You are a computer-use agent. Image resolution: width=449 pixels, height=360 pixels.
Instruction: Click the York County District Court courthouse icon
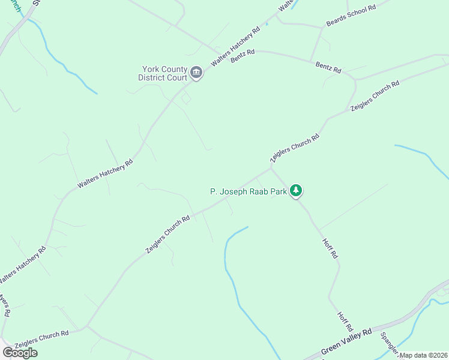click(196, 74)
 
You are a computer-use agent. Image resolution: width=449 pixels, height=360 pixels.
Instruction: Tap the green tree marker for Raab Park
click(295, 191)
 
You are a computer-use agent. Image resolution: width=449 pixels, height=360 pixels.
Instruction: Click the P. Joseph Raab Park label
click(248, 191)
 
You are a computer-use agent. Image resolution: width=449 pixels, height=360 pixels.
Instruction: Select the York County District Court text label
click(163, 74)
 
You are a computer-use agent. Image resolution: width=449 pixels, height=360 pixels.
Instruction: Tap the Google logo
click(20, 353)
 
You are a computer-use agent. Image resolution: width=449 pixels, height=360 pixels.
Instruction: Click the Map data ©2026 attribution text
click(424, 355)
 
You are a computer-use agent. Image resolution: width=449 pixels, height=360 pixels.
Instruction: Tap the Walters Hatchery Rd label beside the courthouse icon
click(235, 46)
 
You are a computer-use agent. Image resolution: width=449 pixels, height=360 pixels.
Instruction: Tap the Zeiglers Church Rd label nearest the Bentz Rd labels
click(375, 96)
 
